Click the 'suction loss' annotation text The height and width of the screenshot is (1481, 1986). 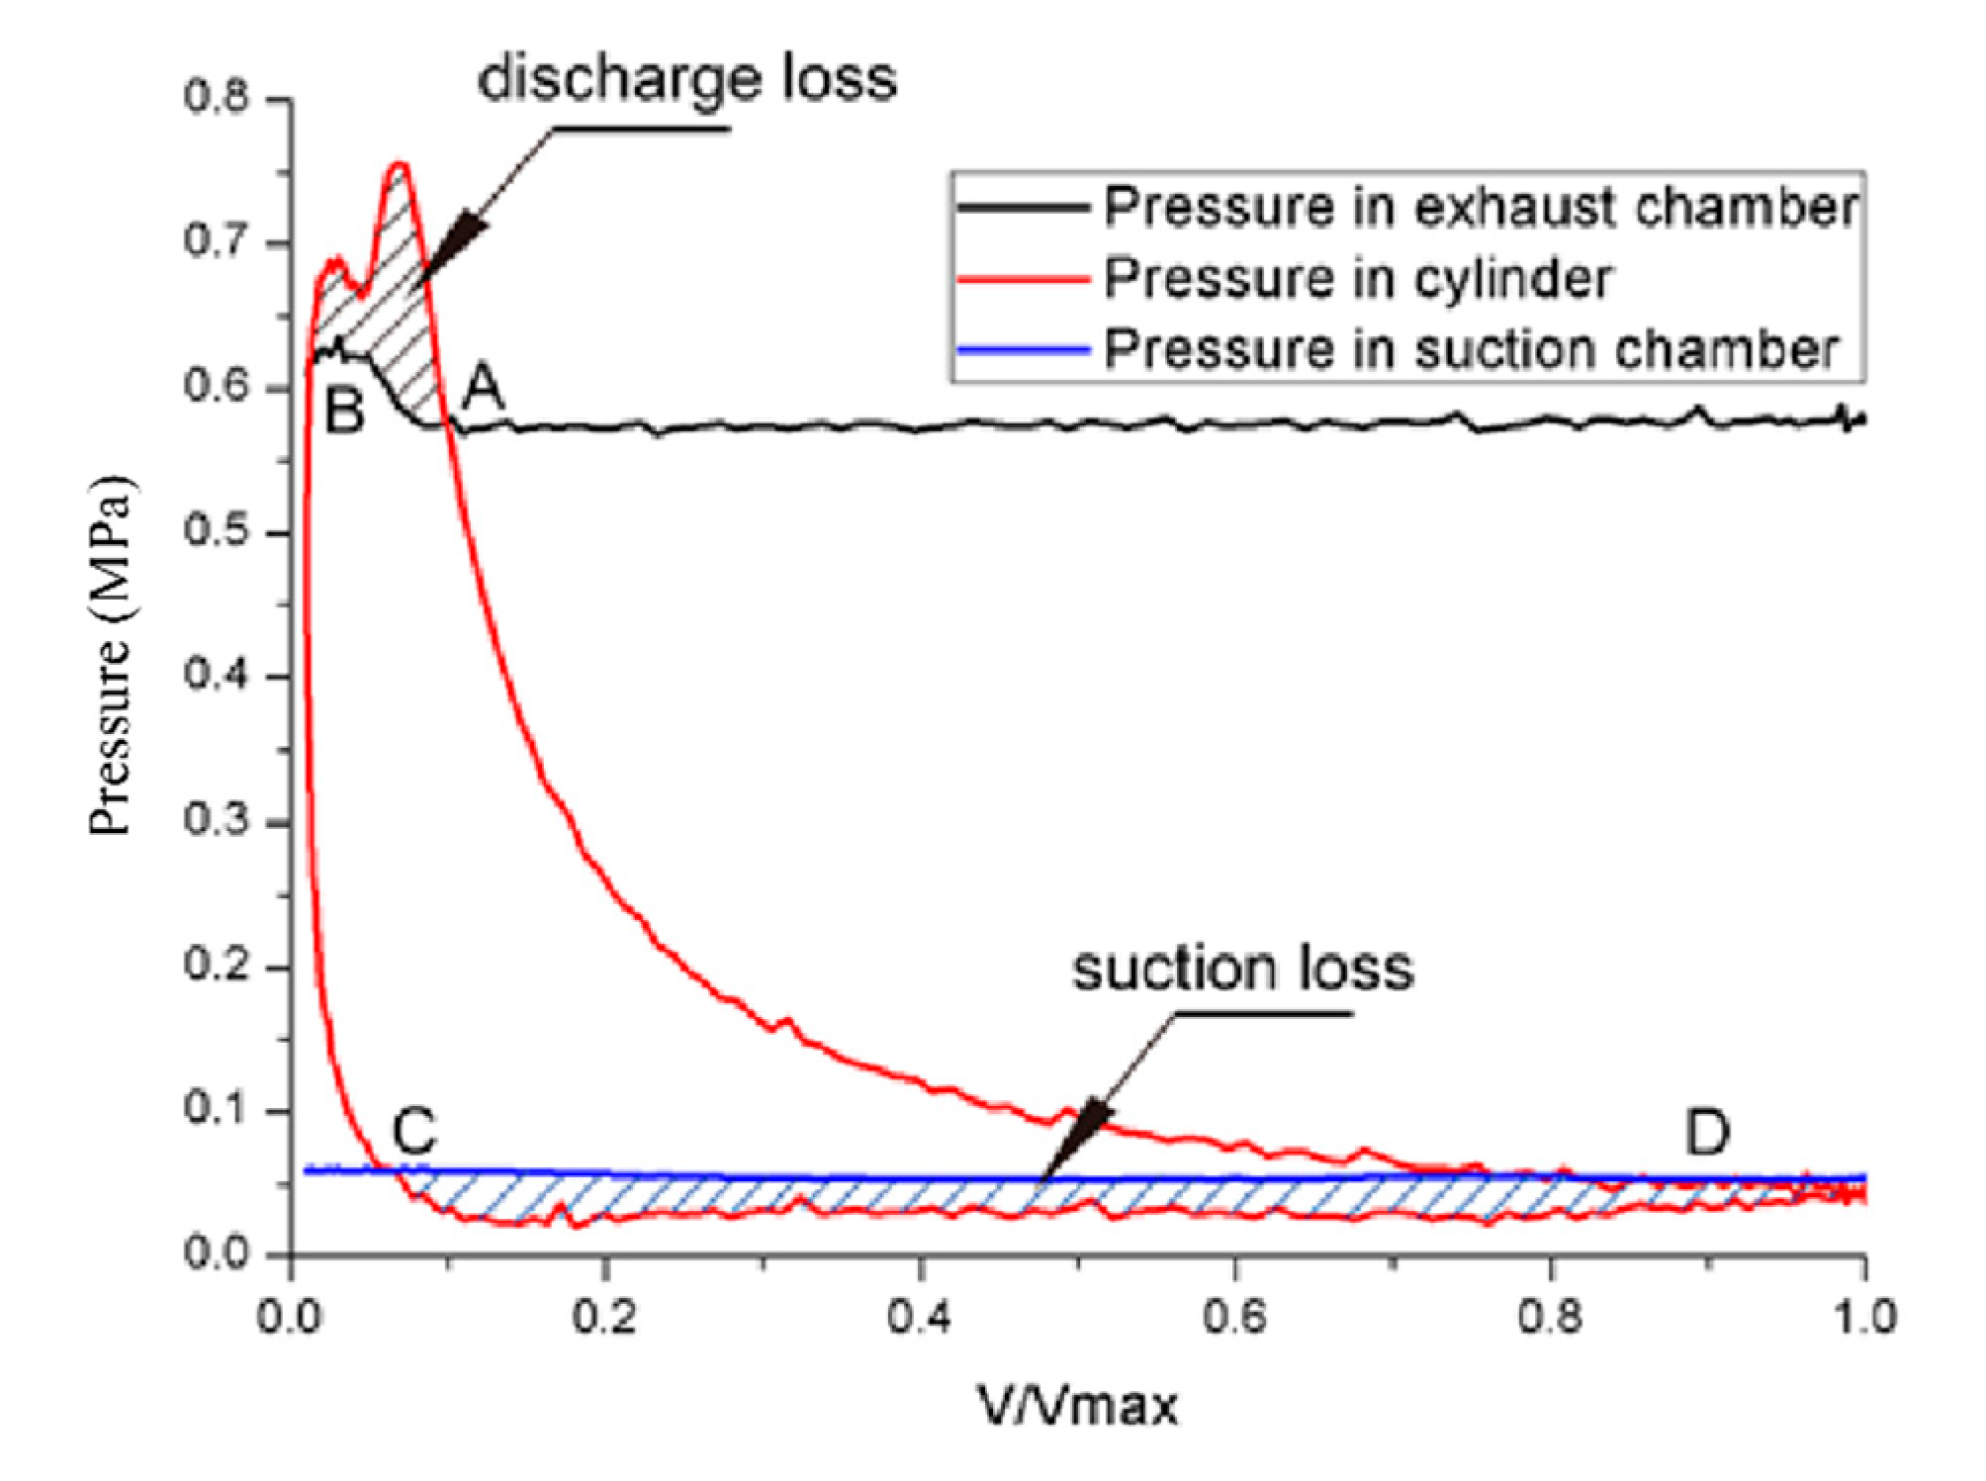coord(1242,969)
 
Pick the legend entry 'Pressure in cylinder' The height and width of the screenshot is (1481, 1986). coord(1357,279)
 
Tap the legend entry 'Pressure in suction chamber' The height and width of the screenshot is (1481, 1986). coord(1471,348)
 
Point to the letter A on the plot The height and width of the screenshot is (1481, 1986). coord(484,388)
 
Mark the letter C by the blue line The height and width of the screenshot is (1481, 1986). coord(413,1132)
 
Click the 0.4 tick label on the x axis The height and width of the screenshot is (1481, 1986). coord(920,1318)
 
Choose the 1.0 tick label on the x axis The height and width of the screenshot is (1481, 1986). coord(1863,1318)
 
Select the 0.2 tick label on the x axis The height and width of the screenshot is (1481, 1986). coord(606,1318)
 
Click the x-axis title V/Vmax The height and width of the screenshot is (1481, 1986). coord(1079,1404)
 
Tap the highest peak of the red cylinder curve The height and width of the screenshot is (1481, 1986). coord(400,164)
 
